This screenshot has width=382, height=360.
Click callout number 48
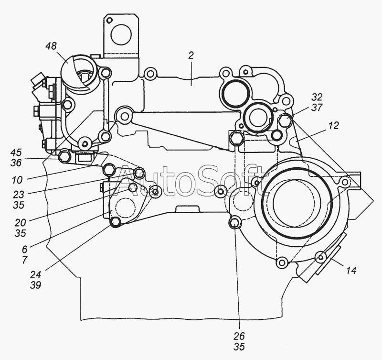pyautogui.click(x=51, y=46)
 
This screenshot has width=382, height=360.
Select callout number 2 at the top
pyautogui.click(x=191, y=55)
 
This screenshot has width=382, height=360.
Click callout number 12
pyautogui.click(x=333, y=126)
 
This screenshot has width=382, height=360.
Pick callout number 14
pyautogui.click(x=351, y=271)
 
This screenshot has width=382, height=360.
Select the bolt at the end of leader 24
pyautogui.click(x=115, y=221)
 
